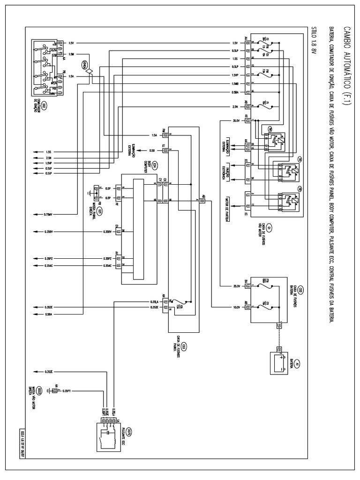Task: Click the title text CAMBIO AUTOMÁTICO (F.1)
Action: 346,66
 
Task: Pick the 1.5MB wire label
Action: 235,83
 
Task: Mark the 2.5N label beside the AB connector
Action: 235,107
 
